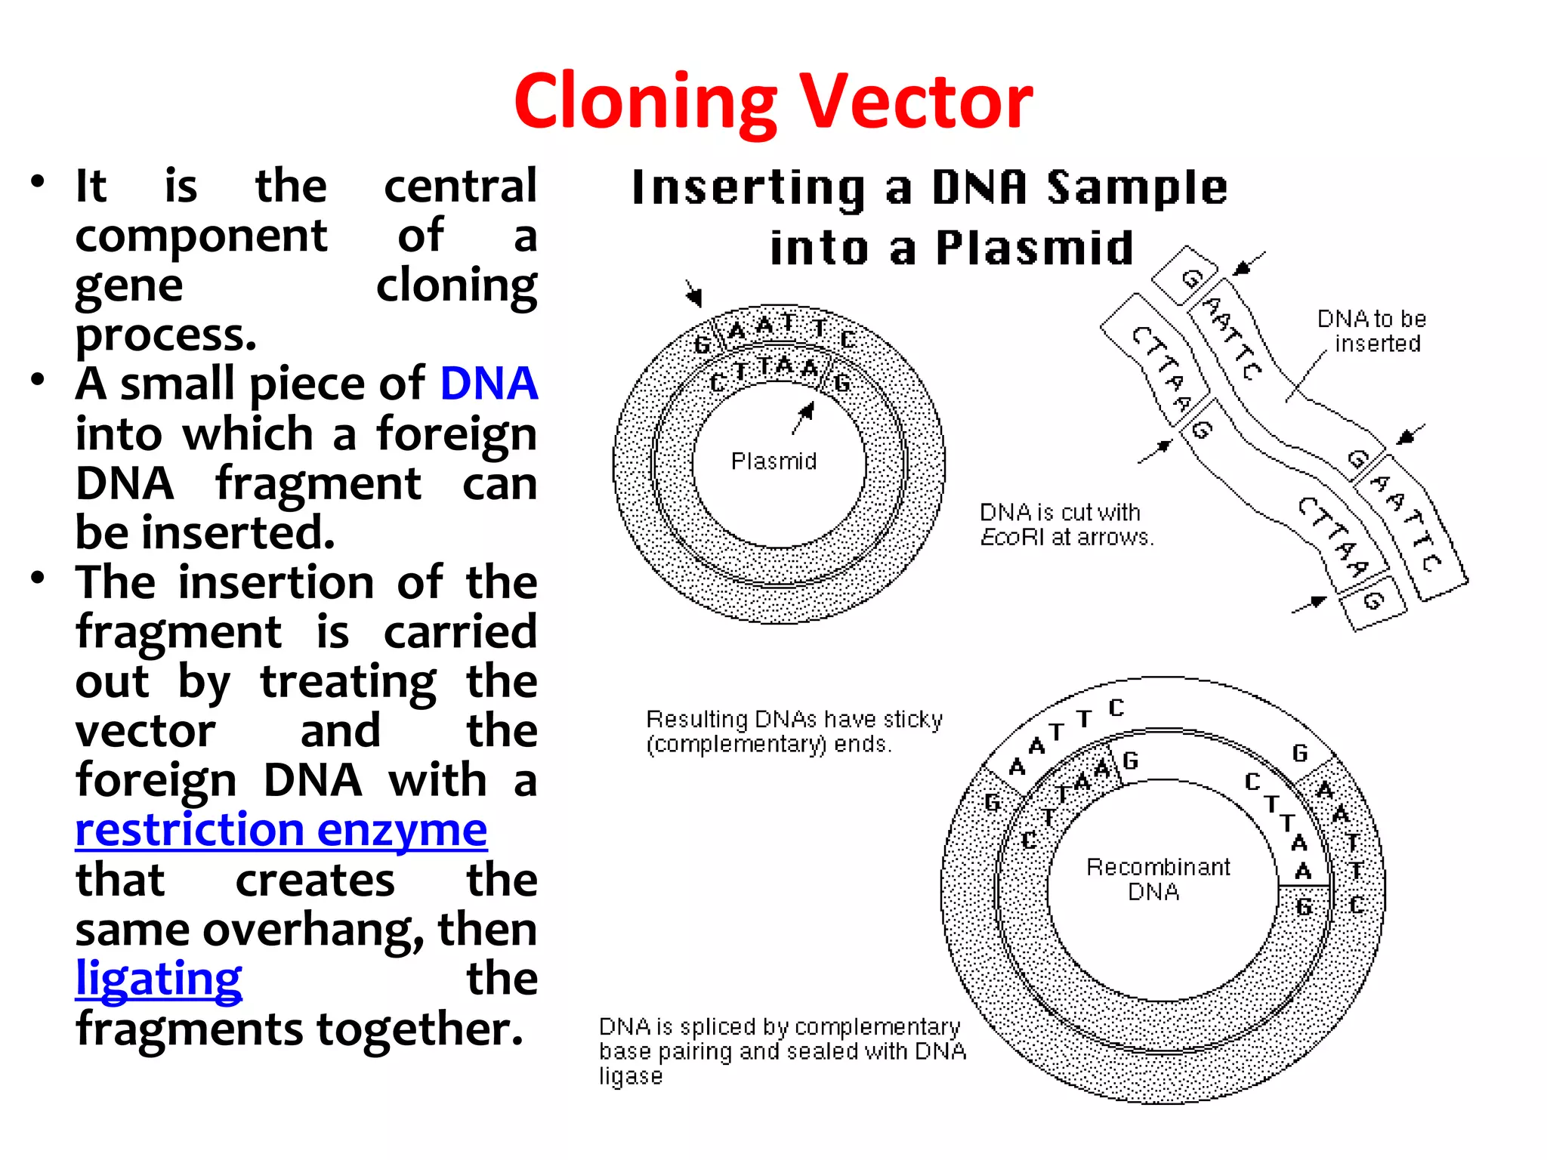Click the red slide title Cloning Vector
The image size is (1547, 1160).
(x=773, y=101)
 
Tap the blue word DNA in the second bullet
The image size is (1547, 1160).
(x=488, y=384)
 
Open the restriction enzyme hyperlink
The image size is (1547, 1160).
(x=281, y=831)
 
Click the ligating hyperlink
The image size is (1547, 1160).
(x=159, y=980)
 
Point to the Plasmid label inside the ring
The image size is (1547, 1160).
(x=773, y=461)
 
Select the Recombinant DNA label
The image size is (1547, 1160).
(x=1157, y=879)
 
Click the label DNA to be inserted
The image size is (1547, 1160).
(x=1372, y=331)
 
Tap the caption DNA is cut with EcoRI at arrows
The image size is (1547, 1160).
(x=1066, y=524)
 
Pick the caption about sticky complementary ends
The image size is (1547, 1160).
(x=793, y=731)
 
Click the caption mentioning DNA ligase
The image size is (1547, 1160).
(x=781, y=1050)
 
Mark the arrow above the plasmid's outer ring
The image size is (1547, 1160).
(x=693, y=292)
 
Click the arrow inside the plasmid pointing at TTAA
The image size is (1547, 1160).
(x=804, y=417)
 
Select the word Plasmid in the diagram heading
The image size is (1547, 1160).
(x=1034, y=248)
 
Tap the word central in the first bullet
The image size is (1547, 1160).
(x=460, y=186)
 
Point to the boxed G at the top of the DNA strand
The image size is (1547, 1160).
(x=1189, y=277)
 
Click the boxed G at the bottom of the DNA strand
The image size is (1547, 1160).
(x=1373, y=601)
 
